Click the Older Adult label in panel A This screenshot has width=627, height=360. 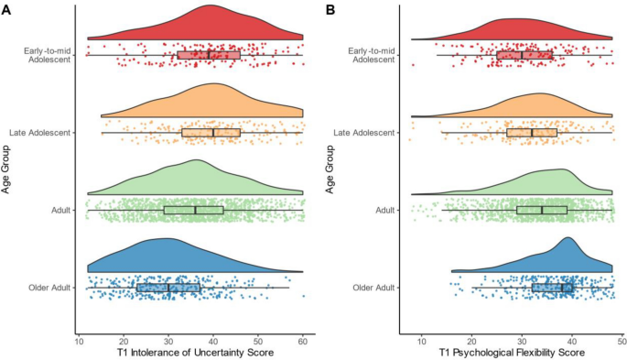48,288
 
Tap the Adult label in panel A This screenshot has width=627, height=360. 60,211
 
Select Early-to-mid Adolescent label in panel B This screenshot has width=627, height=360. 371,55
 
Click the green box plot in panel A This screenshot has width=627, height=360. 193,211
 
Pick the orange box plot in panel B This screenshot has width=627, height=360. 532,133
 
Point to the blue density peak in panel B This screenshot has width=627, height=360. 568,238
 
